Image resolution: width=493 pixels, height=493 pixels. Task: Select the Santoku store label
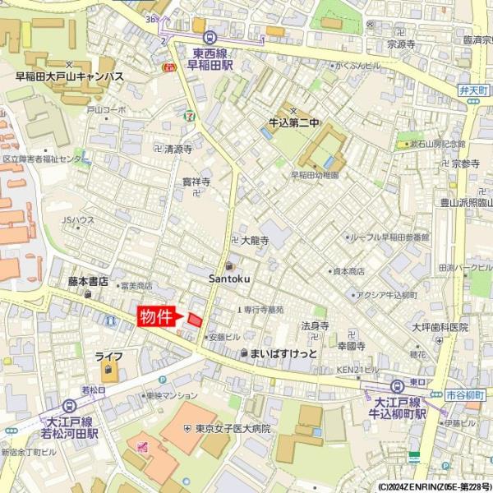click(x=229, y=279)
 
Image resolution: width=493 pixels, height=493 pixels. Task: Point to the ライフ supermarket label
click(x=108, y=357)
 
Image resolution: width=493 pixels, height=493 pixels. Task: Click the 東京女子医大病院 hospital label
click(x=233, y=428)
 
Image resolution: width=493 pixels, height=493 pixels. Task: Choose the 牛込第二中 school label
click(x=293, y=123)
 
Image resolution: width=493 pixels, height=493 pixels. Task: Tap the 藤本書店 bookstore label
click(x=89, y=281)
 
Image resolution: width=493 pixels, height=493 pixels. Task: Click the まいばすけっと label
click(x=283, y=352)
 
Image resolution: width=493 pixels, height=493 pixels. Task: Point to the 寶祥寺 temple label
click(x=196, y=182)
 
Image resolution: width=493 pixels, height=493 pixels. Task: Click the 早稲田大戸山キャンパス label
click(x=70, y=76)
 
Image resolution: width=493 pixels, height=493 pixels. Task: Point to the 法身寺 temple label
click(x=315, y=325)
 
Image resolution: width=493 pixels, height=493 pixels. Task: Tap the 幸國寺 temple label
click(x=352, y=347)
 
